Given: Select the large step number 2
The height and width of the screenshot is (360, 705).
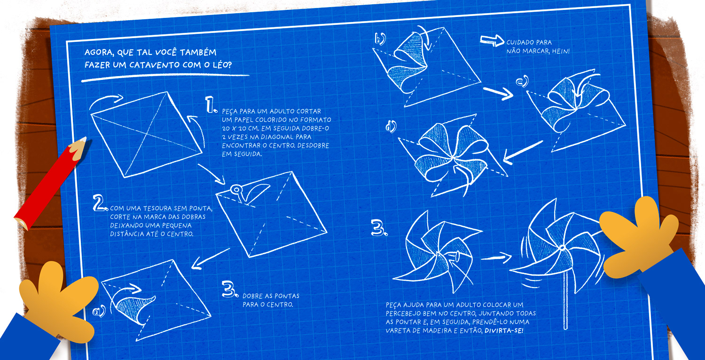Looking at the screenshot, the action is pyautogui.click(x=100, y=203).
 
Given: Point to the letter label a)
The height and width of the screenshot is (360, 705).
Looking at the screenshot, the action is pyautogui.click(x=99, y=310).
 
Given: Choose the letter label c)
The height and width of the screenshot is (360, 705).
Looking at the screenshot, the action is pyautogui.click(x=522, y=82).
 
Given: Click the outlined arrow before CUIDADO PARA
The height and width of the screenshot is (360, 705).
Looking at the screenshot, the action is pyautogui.click(x=491, y=41).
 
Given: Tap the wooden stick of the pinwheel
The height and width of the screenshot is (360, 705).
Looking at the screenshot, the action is pyautogui.click(x=565, y=305).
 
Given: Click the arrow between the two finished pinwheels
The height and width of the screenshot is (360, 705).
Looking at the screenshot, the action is pyautogui.click(x=497, y=257).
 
